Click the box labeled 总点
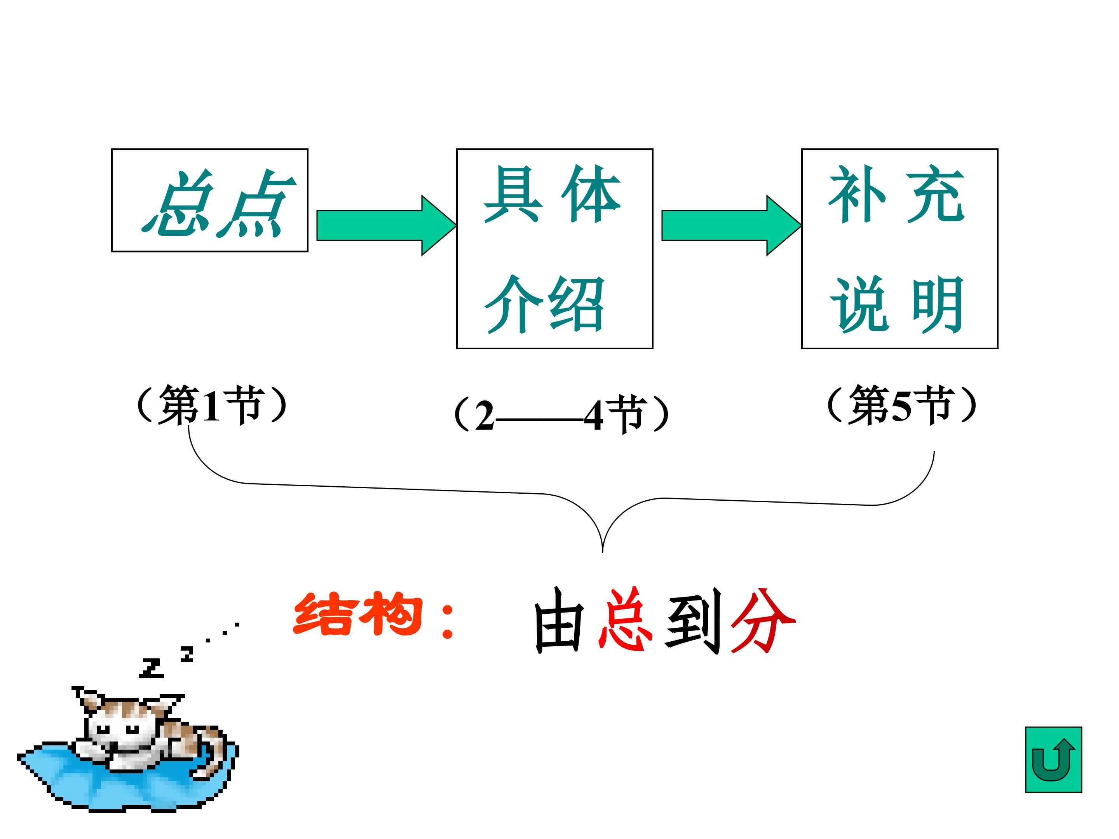pyautogui.click(x=209, y=200)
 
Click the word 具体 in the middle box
pyautogui.click(x=551, y=194)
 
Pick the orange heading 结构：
pyautogui.click(x=374, y=615)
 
